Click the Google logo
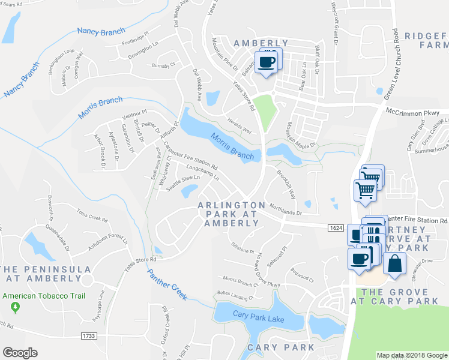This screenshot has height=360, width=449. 20,353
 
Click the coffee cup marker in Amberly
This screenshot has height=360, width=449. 267,62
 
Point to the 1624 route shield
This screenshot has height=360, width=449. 336,228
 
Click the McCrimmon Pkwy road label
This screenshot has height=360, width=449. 417,112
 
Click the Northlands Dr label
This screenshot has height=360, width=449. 285,207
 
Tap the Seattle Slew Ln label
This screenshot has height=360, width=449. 182,182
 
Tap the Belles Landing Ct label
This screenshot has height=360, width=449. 235,297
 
